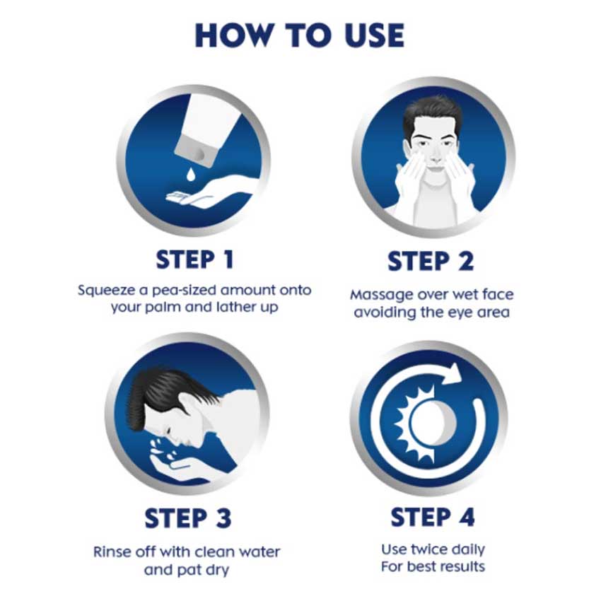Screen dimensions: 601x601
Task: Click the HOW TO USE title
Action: pyautogui.click(x=299, y=35)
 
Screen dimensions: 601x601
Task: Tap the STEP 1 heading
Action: pyautogui.click(x=194, y=259)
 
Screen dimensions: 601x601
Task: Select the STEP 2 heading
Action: pyautogui.click(x=431, y=262)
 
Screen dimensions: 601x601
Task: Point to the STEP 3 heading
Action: pyautogui.click(x=188, y=518)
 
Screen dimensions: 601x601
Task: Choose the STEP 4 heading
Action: pyautogui.click(x=433, y=517)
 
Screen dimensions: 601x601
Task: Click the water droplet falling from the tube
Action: pyautogui.click(x=190, y=173)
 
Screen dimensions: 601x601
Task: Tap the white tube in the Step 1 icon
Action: pyautogui.click(x=209, y=129)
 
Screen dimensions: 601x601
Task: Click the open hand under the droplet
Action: pyautogui.click(x=209, y=194)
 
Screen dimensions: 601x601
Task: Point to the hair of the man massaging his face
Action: pyautogui.click(x=432, y=113)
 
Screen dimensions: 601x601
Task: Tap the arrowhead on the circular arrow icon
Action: pyautogui.click(x=453, y=373)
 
